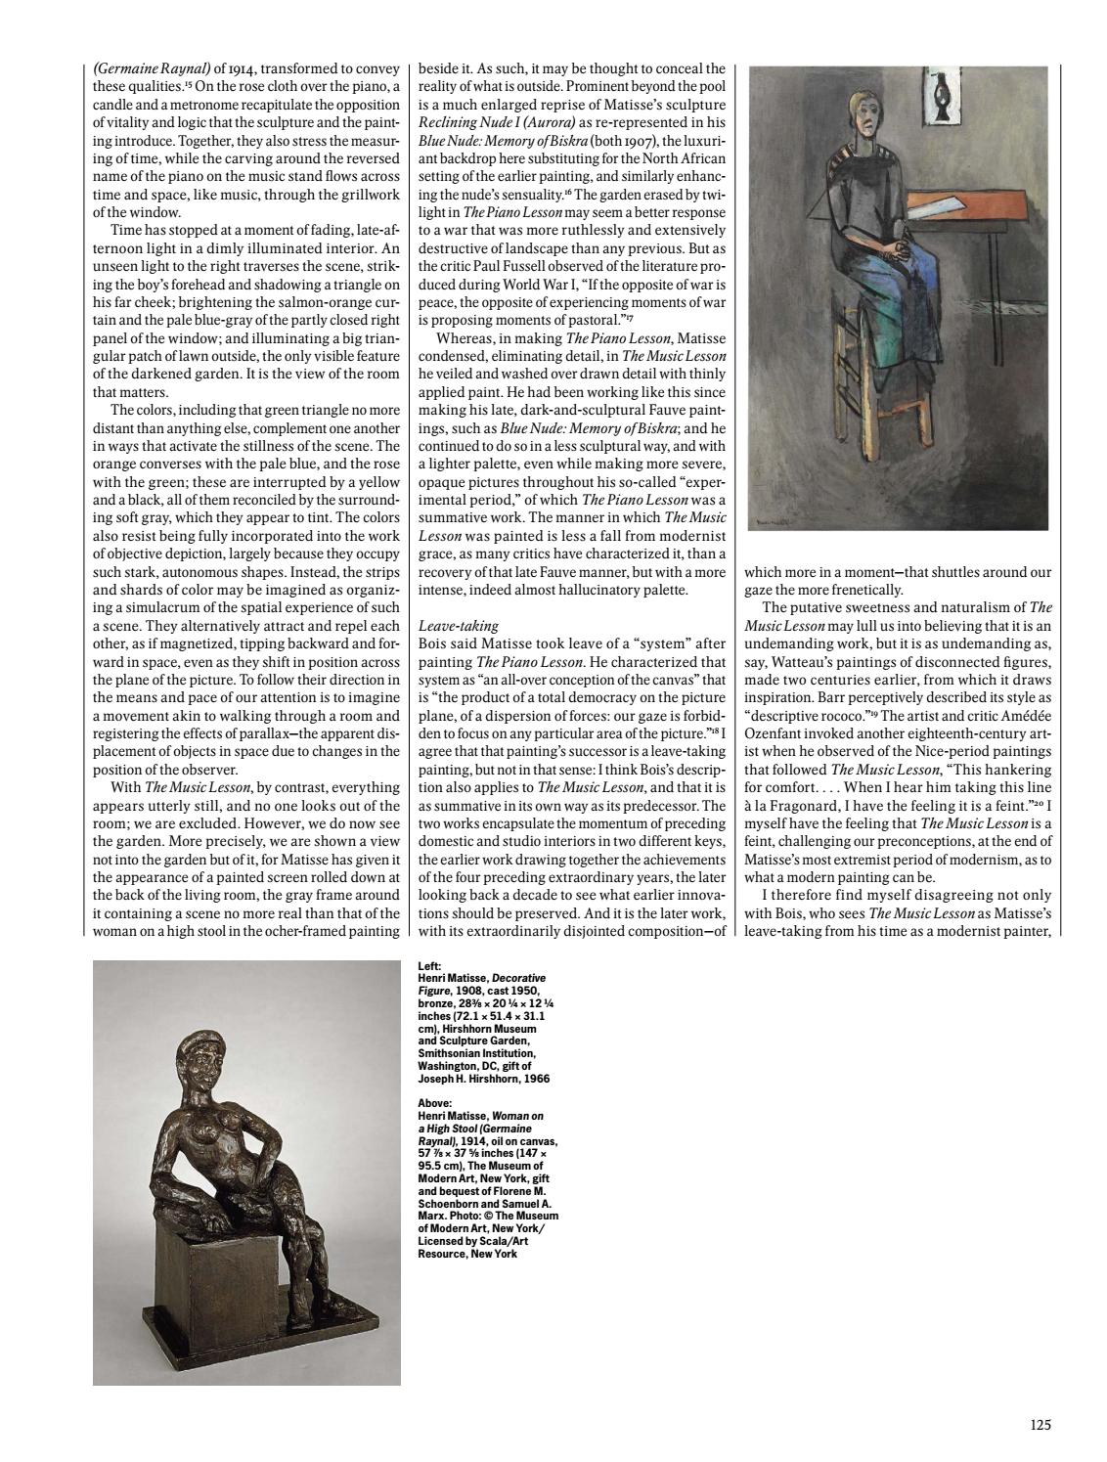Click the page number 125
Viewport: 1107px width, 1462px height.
1041,1425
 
